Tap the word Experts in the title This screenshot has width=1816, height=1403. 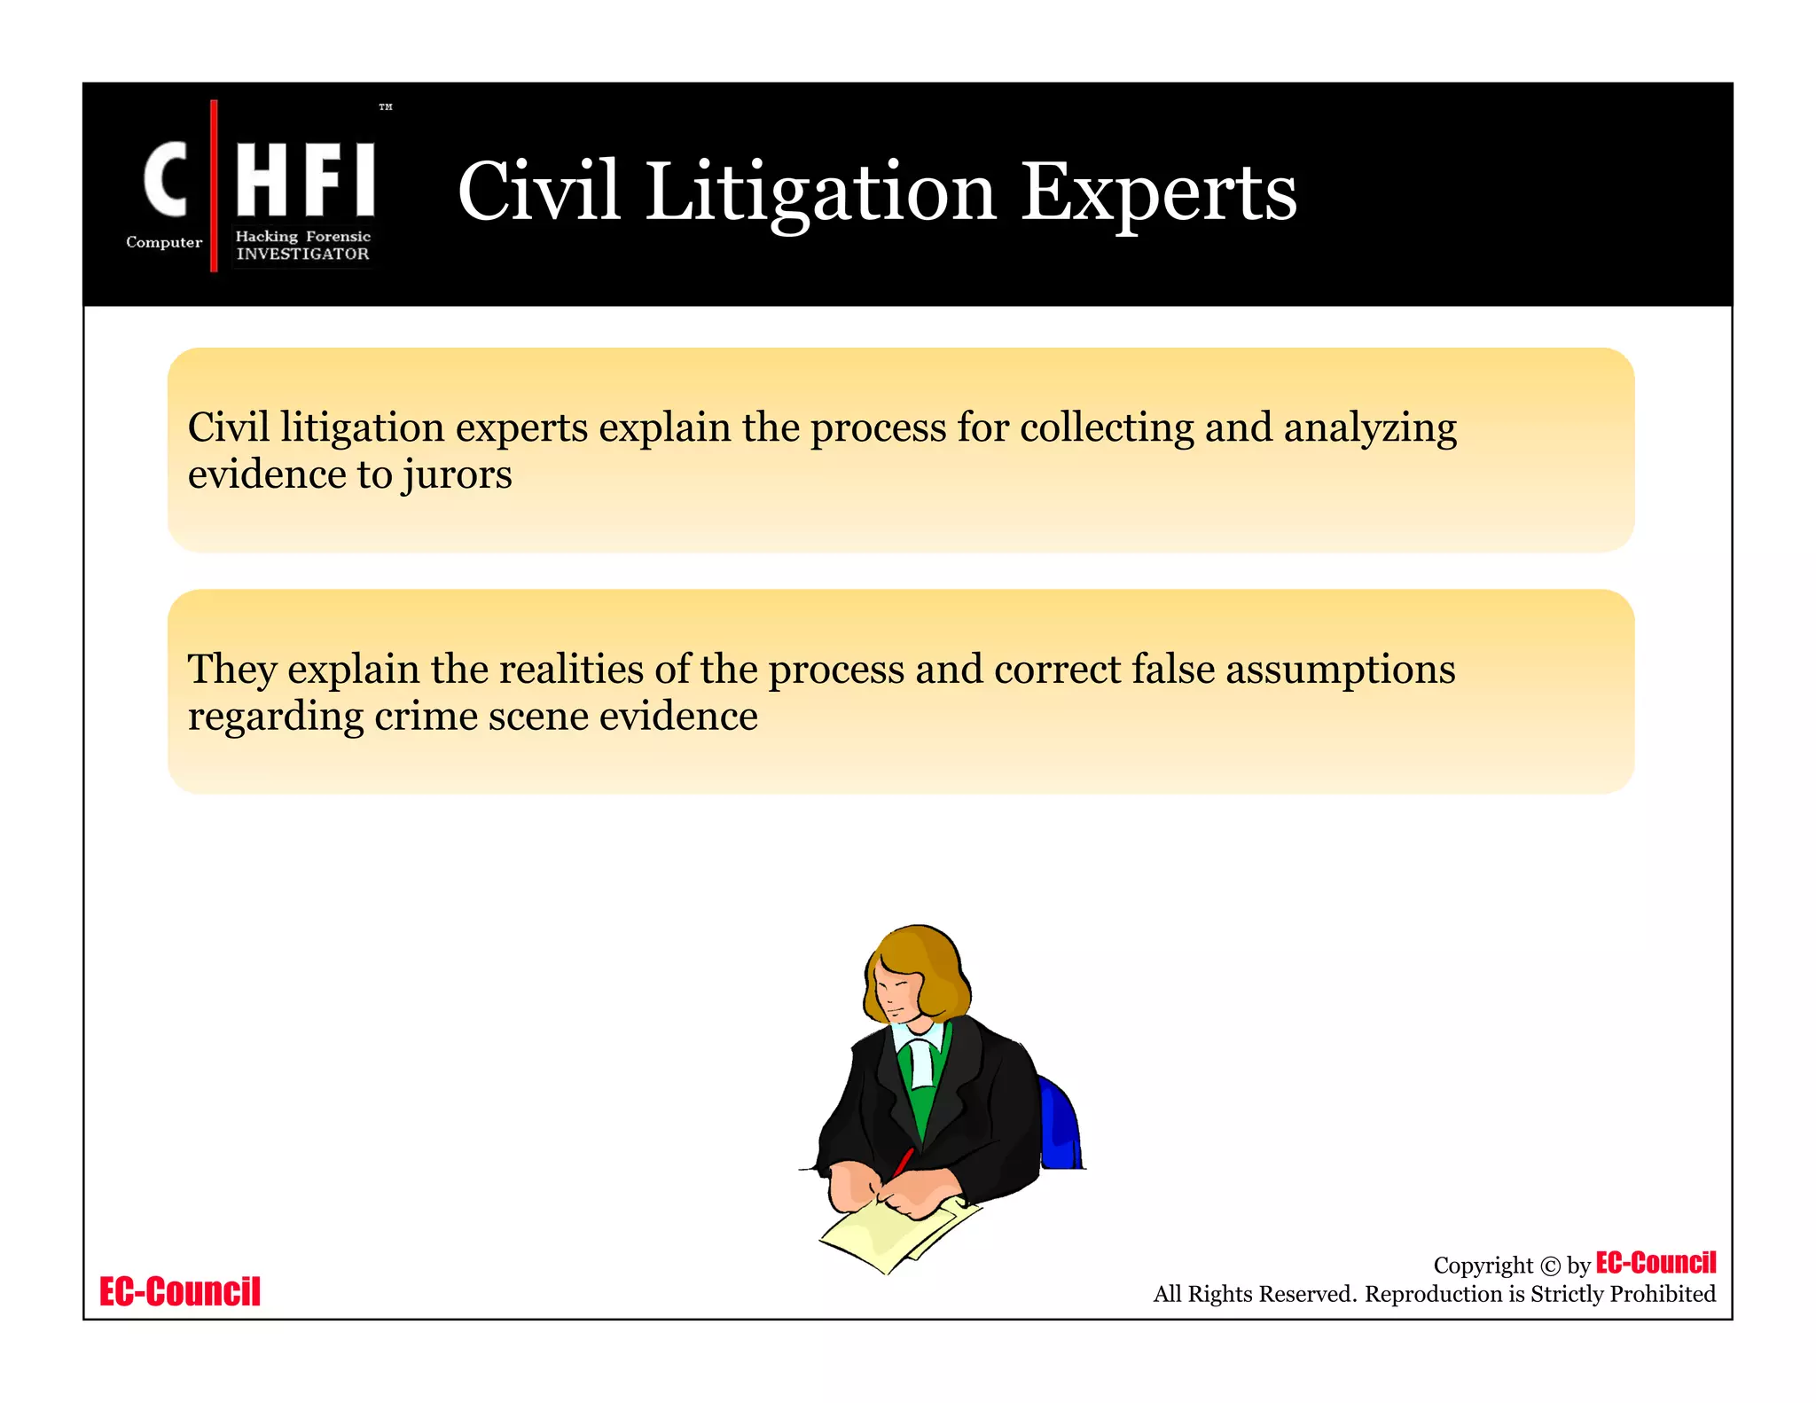pyautogui.click(x=1158, y=192)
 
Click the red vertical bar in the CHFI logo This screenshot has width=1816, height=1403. pyautogui.click(x=214, y=185)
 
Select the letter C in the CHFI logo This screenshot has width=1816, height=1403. pyautogui.click(x=166, y=179)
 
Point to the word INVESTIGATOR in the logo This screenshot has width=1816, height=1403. pyautogui.click(x=302, y=254)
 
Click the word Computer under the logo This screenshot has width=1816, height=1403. pyautogui.click(x=164, y=242)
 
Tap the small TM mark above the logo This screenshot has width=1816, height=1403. pyautogui.click(x=386, y=107)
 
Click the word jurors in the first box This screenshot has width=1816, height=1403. pyautogui.click(x=457, y=474)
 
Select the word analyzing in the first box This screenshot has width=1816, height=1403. pyautogui.click(x=1370, y=428)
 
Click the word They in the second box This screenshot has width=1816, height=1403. pyautogui.click(x=232, y=670)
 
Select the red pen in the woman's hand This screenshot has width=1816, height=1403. pyautogui.click(x=904, y=1161)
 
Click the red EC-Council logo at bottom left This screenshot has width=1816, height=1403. pyautogui.click(x=180, y=1292)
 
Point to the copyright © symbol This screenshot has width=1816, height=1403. pyautogui.click(x=1550, y=1266)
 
